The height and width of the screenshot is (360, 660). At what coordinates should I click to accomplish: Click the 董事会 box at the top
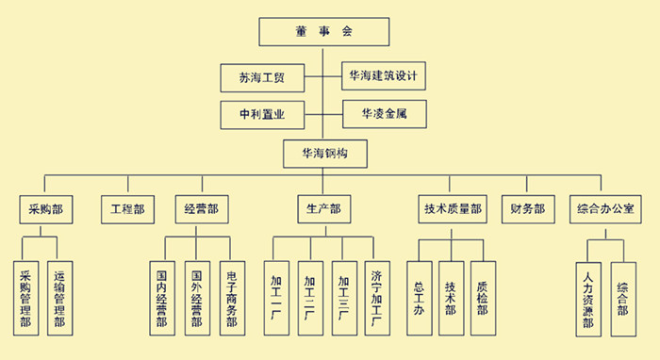(322, 32)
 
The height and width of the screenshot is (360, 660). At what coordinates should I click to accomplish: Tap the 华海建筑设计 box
(382, 74)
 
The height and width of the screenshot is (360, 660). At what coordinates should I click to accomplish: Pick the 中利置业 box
(262, 116)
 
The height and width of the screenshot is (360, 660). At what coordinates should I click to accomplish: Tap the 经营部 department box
(201, 208)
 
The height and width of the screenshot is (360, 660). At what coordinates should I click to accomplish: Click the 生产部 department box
(323, 208)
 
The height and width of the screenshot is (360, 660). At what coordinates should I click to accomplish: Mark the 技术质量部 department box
(451, 208)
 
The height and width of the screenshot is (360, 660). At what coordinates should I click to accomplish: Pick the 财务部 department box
(528, 208)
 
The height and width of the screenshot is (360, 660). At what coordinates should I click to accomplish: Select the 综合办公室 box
(603, 208)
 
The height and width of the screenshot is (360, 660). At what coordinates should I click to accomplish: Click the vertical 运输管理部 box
(59, 299)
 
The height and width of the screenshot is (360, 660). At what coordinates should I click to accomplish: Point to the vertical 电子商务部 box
(232, 299)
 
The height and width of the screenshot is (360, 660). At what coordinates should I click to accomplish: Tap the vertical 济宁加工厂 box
(375, 299)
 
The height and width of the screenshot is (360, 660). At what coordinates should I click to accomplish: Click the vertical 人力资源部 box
(588, 299)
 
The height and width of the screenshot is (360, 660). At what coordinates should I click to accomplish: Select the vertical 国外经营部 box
(197, 299)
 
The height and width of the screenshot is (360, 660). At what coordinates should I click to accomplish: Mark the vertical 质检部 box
(483, 299)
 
